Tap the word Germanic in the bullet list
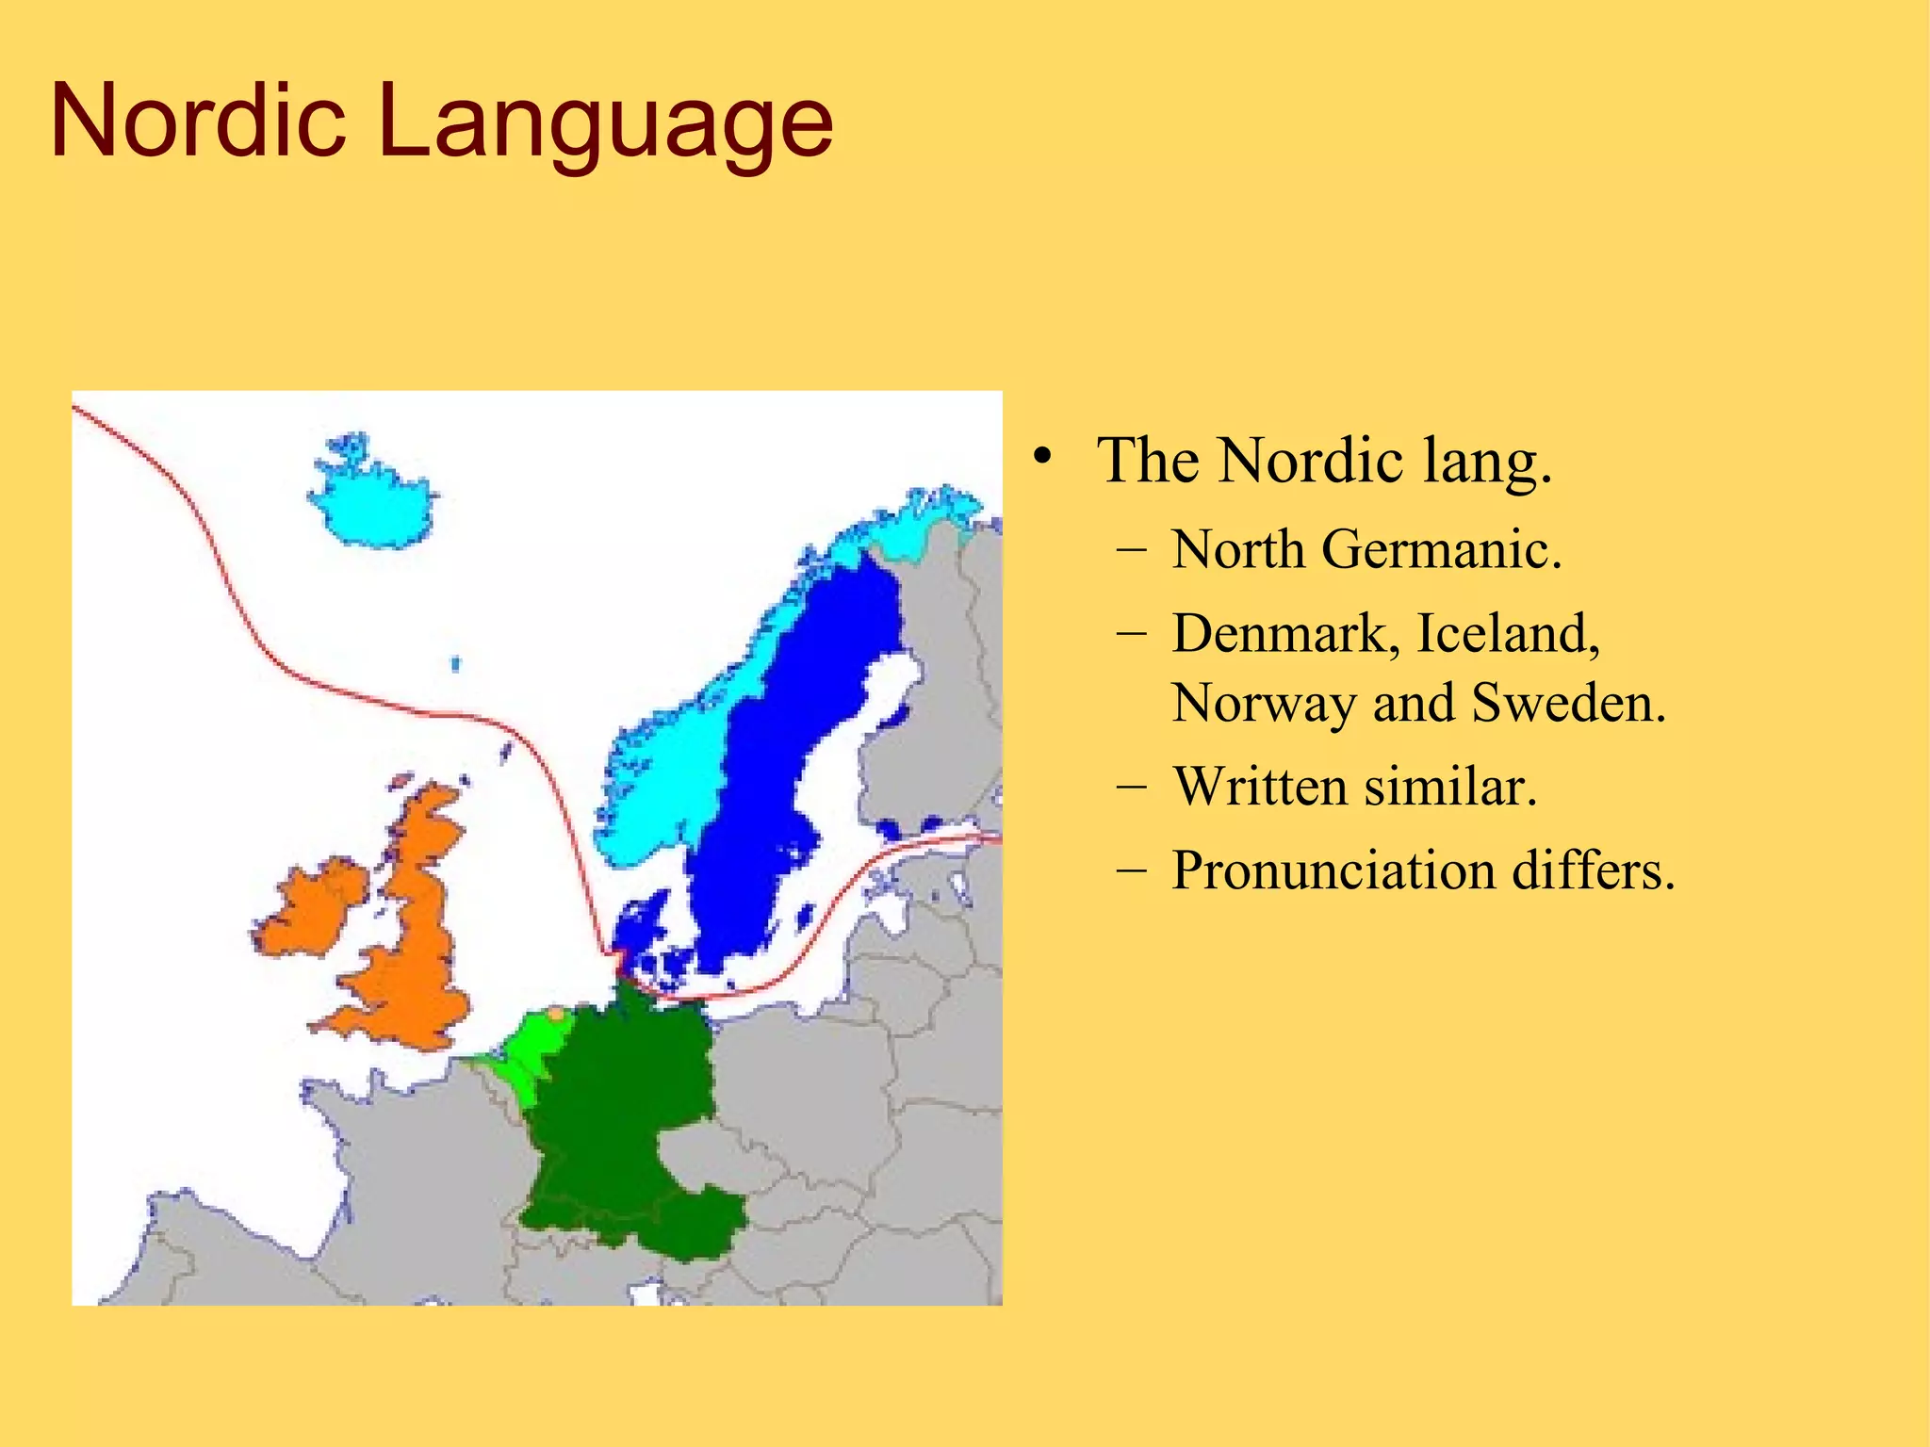pos(1441,549)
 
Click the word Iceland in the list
pos(1508,633)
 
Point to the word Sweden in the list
pos(1568,703)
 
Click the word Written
pos(1259,787)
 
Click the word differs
pos(1594,870)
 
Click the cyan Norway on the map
pos(660,772)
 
